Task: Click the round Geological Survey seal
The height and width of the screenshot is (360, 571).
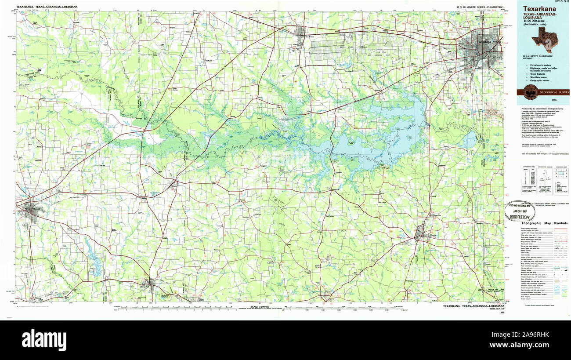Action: point(530,92)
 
